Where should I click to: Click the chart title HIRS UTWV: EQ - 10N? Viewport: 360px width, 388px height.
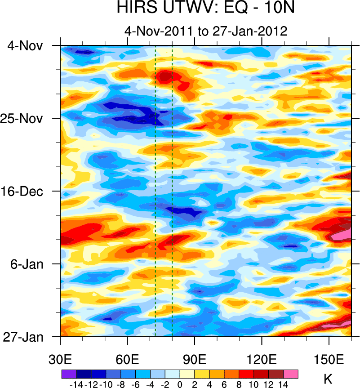tap(206, 8)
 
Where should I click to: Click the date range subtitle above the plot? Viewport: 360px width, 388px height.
tap(206, 31)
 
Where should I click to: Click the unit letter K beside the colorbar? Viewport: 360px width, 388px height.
tap(328, 379)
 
